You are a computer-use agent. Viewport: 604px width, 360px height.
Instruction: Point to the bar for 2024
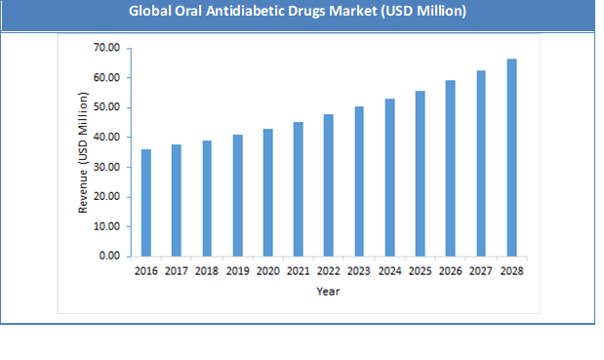point(389,178)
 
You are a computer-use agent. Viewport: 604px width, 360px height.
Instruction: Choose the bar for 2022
point(329,185)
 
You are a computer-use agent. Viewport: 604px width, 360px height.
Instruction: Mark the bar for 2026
point(451,169)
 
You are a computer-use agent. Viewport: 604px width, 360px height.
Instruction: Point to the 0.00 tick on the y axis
point(107,257)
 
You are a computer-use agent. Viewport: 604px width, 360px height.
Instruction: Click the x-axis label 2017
point(177,271)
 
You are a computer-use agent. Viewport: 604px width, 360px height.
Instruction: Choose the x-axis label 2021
point(299,271)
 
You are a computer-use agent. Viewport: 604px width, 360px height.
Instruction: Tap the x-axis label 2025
point(421,271)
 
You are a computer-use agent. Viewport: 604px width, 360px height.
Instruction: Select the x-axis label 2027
point(481,271)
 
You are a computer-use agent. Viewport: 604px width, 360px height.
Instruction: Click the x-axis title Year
point(328,291)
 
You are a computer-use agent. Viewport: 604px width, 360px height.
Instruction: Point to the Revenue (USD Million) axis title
point(83,151)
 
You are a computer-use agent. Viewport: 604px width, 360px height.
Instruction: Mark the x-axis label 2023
point(359,271)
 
